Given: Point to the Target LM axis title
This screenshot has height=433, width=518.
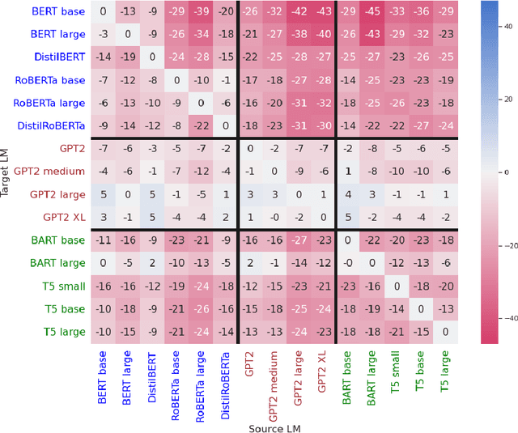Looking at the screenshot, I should click(x=6, y=172).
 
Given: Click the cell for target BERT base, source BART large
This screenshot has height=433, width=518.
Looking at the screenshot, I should click(x=372, y=12).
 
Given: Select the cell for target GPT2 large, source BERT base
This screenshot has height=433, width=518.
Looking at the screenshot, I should click(x=102, y=194).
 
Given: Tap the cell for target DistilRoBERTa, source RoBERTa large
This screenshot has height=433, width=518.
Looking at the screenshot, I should click(x=200, y=125).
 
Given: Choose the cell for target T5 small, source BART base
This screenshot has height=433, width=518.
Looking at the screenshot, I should click(x=348, y=286).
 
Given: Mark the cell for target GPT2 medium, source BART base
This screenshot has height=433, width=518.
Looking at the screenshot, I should click(x=348, y=172).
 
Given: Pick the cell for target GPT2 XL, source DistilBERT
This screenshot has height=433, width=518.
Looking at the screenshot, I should click(x=151, y=217).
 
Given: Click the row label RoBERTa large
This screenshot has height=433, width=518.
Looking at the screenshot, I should click(x=49, y=103).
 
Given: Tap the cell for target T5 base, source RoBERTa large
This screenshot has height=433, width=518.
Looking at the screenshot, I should click(x=200, y=308).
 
